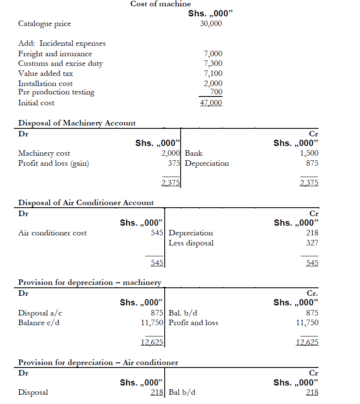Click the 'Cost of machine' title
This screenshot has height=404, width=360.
click(x=161, y=4)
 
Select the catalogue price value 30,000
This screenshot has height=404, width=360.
click(x=211, y=23)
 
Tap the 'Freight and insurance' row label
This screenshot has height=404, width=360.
click(x=55, y=54)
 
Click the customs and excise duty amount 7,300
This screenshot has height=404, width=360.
click(x=213, y=63)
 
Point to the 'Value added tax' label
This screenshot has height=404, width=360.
click(x=45, y=73)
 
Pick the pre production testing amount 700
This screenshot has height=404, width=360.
click(x=216, y=92)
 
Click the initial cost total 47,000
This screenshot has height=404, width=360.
click(x=211, y=103)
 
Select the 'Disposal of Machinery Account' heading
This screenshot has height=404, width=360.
click(x=77, y=123)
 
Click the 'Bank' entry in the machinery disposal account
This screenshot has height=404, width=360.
click(x=193, y=153)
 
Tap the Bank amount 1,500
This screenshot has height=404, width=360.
click(x=309, y=153)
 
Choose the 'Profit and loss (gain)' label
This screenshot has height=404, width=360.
click(x=53, y=163)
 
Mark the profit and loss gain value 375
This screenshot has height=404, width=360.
click(x=174, y=163)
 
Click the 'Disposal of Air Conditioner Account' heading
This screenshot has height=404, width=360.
click(x=86, y=203)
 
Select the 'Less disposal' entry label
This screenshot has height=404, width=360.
click(x=191, y=243)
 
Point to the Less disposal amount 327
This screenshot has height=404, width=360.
click(x=312, y=243)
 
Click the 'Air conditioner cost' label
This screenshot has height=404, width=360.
click(x=52, y=233)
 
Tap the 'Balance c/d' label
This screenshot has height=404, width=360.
click(x=39, y=323)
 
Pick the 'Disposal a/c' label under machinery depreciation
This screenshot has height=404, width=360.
click(x=40, y=313)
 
